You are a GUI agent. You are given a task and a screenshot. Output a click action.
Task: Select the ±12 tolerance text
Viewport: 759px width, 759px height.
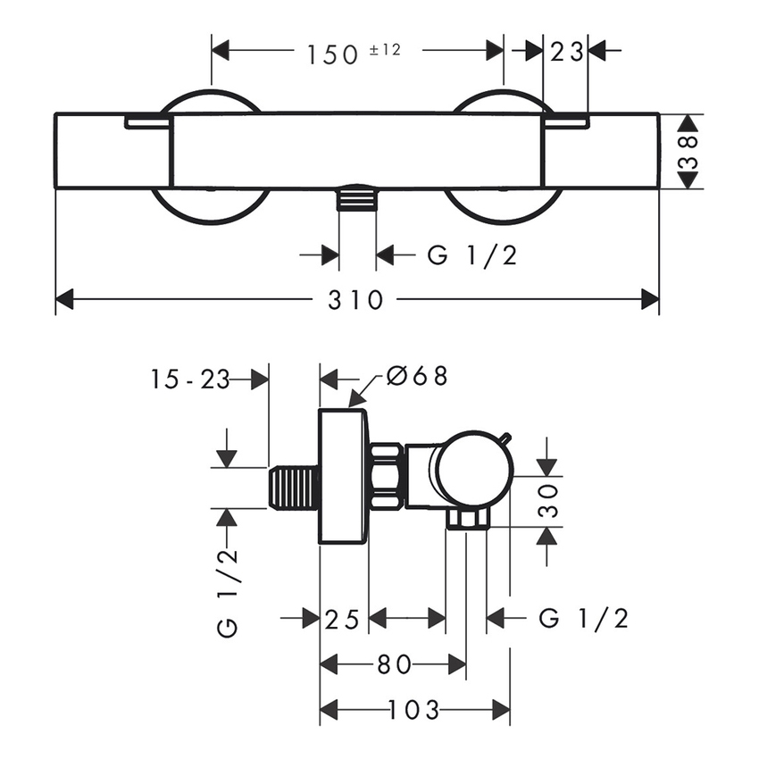384,49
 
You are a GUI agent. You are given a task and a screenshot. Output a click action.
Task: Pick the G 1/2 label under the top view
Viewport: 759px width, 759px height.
472,256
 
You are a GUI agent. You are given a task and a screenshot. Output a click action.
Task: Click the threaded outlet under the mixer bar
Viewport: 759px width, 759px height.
357,197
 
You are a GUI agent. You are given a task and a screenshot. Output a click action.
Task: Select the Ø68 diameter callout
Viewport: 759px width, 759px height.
416,377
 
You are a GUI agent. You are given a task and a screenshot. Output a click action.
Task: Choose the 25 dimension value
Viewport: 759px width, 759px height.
343,618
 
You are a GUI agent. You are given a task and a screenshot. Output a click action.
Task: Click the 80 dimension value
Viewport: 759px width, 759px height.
393,664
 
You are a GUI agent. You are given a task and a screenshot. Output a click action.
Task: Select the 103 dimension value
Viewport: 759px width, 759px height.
414,711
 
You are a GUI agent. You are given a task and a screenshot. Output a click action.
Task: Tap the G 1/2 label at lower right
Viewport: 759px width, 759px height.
584,618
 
